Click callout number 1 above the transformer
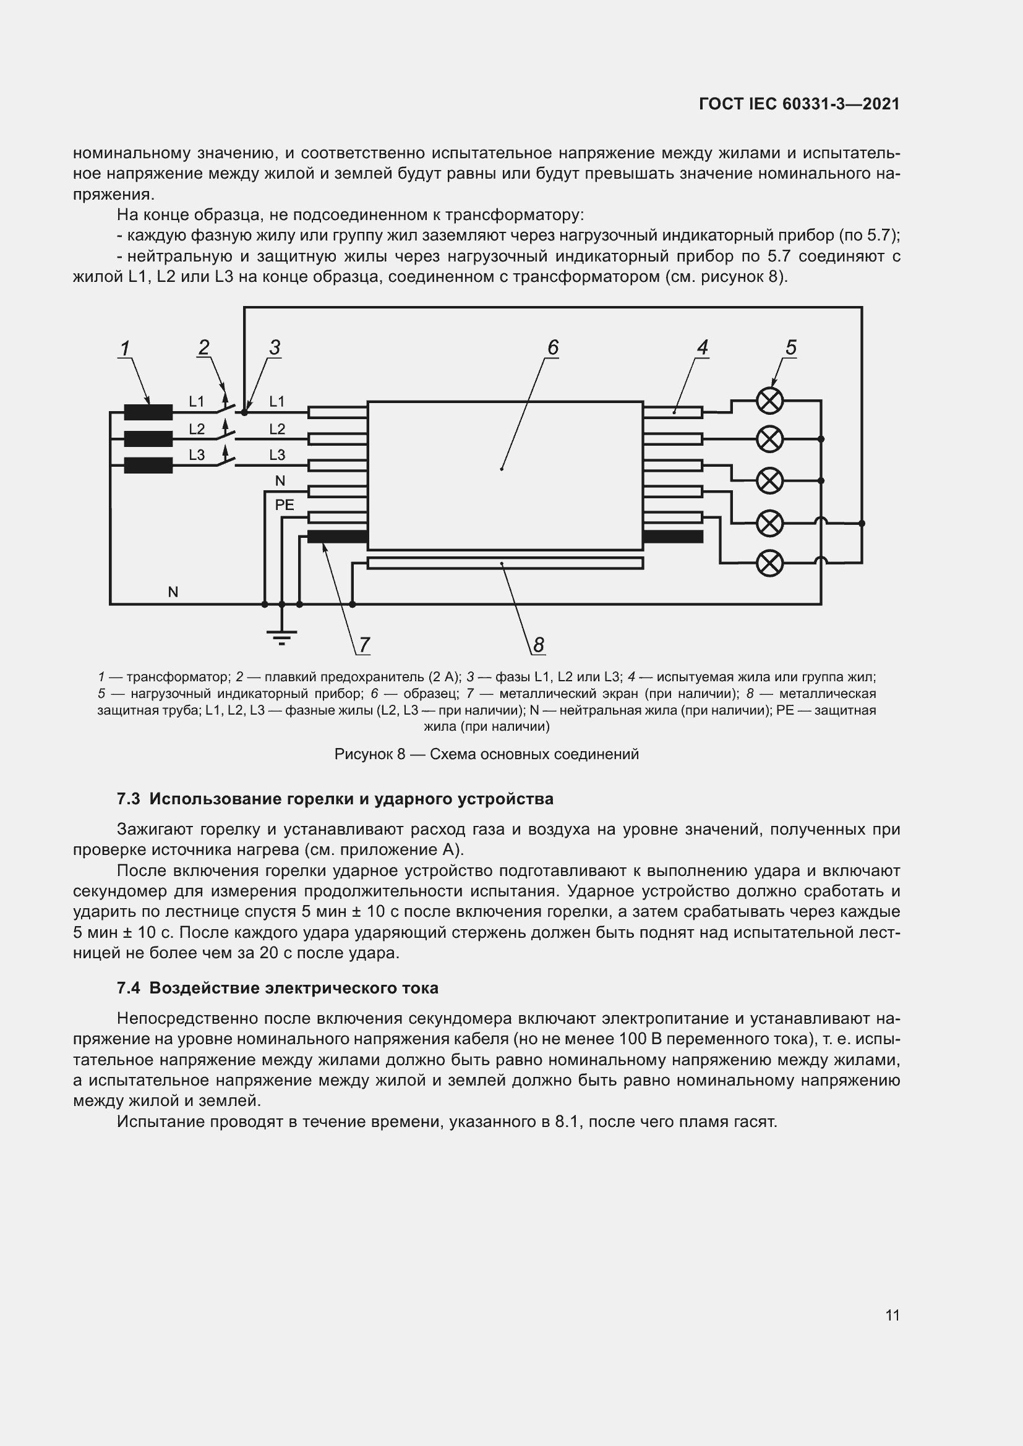tap(125, 348)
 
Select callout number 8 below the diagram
tap(538, 644)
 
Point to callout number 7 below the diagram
tap(364, 644)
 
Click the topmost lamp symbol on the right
tap(769, 401)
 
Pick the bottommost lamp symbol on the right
tap(769, 563)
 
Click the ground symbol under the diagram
tap(281, 637)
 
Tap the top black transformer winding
tap(148, 412)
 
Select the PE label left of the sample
tap(284, 505)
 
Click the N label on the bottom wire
tap(173, 592)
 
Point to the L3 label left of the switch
tap(197, 455)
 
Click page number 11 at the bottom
tap(892, 1315)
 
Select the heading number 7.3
tap(128, 799)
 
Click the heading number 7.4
tap(128, 988)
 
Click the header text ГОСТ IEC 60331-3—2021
tap(798, 104)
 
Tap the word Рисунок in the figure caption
tap(361, 754)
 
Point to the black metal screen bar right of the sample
tap(673, 537)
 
